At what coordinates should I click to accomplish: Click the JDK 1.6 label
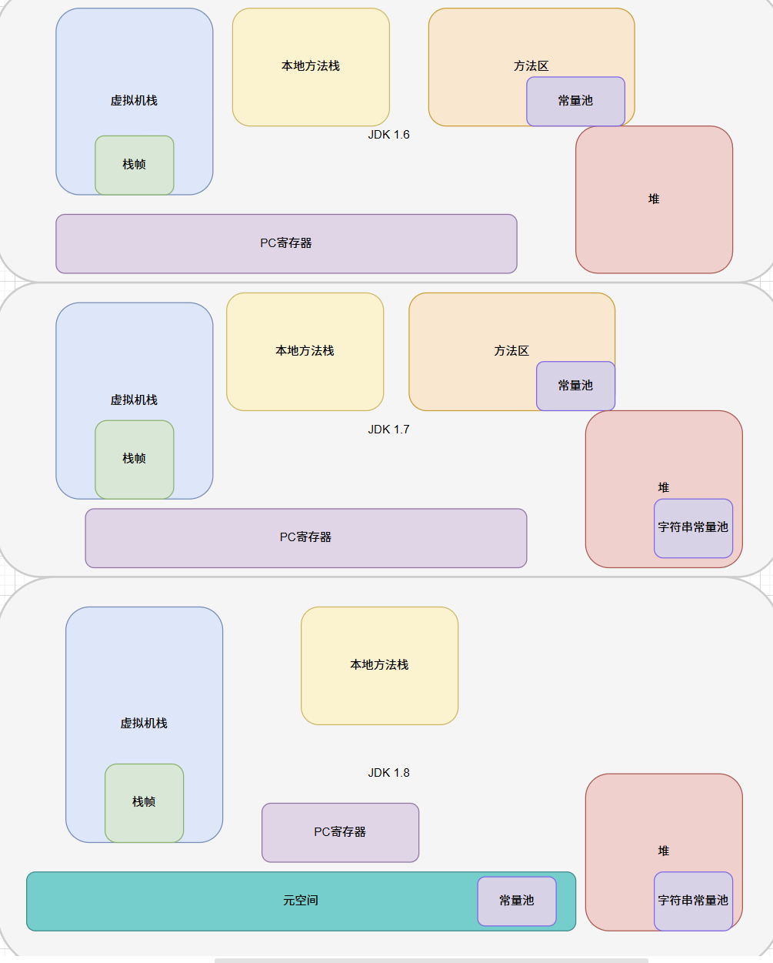tap(388, 135)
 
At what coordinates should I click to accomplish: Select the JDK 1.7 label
tap(388, 430)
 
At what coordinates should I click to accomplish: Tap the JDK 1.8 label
tap(388, 773)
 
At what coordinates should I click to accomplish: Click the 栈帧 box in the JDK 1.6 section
tap(135, 165)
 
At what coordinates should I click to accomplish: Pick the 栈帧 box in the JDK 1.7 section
tap(135, 459)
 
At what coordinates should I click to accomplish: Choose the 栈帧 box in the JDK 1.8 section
tap(144, 802)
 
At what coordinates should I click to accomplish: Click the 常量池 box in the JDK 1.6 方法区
tap(575, 101)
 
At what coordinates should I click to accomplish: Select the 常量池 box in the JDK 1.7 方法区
tap(575, 386)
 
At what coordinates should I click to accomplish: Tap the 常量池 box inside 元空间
tap(516, 901)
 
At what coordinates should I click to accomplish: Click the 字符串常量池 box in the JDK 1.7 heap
tap(693, 528)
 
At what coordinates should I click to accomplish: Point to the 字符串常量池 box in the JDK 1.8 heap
tap(693, 901)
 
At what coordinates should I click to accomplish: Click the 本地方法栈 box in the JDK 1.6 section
tap(311, 67)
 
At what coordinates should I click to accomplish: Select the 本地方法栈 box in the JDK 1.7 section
tap(305, 351)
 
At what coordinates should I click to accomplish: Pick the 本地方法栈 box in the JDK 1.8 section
tap(379, 665)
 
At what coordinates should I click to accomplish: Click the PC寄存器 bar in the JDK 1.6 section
tap(286, 243)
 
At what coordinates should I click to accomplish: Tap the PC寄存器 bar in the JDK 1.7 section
tap(305, 537)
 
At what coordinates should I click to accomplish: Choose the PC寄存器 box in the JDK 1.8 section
tap(340, 832)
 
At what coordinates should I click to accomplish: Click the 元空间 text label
tap(300, 901)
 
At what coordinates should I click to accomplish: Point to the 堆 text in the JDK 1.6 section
tap(654, 199)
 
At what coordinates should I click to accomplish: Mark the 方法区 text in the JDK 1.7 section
tap(511, 351)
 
